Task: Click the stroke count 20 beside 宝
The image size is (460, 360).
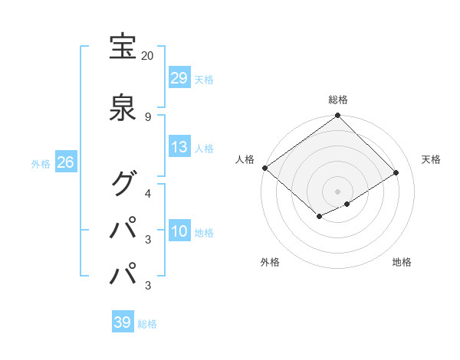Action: click(x=147, y=56)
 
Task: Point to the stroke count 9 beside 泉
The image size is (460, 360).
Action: click(x=147, y=116)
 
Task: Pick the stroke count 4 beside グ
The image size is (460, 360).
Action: click(x=148, y=192)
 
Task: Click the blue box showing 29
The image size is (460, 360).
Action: click(x=179, y=78)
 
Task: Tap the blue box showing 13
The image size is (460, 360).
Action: click(x=179, y=147)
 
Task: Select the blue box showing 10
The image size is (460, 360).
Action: click(x=179, y=231)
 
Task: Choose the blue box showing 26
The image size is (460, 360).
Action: click(x=65, y=162)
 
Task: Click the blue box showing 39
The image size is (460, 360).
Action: click(x=123, y=322)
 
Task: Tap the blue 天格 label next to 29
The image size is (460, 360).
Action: click(x=204, y=79)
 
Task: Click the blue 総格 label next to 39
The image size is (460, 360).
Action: click(x=147, y=323)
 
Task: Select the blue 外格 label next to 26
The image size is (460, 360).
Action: click(x=40, y=163)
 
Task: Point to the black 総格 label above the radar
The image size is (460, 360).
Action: click(x=338, y=100)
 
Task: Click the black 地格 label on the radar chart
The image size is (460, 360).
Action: click(x=402, y=262)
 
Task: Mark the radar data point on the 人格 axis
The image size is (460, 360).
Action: click(x=264, y=168)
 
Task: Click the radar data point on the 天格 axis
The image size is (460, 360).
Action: click(x=396, y=172)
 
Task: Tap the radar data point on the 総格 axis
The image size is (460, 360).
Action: click(x=338, y=116)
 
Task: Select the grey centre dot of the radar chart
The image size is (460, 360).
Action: click(x=338, y=191)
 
